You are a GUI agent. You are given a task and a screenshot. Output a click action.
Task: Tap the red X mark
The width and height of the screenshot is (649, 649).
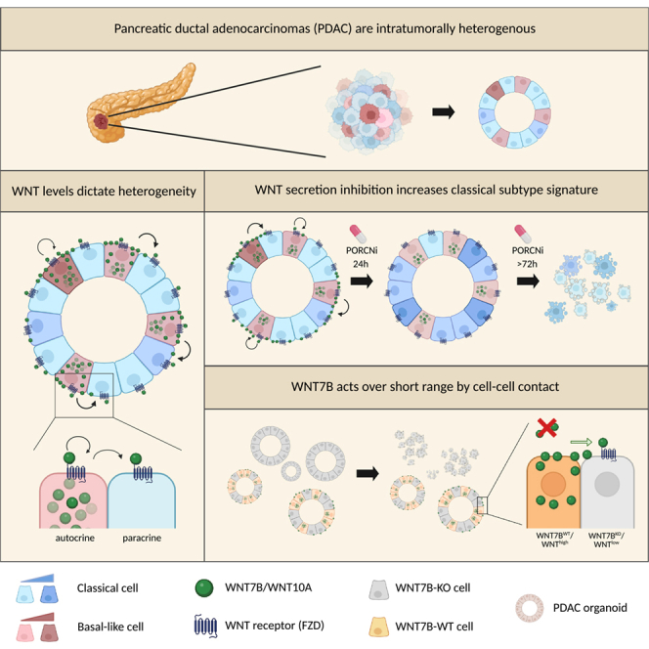point(546,428)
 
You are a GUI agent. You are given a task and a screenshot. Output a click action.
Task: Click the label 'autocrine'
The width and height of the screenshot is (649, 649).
point(75,538)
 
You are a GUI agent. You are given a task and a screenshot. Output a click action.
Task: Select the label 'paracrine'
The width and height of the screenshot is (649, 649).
point(142,539)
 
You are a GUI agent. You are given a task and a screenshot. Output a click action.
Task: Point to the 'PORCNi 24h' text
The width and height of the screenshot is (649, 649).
point(362,257)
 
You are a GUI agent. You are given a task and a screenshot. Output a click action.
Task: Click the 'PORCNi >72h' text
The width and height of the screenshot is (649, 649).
point(528,257)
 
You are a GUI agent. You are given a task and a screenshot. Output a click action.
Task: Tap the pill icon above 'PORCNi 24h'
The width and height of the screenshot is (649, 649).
point(358,234)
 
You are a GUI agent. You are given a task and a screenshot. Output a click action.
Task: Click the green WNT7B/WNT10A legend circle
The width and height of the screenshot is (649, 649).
point(204,587)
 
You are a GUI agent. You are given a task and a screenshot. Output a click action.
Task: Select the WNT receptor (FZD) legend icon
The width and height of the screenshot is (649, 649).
point(205,627)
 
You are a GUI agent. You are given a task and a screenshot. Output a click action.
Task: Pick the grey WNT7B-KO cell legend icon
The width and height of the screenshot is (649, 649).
point(378,589)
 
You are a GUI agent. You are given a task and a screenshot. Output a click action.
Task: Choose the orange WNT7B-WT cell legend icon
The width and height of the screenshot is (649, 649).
point(378,627)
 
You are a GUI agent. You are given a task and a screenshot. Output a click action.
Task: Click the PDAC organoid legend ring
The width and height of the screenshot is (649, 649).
point(530,608)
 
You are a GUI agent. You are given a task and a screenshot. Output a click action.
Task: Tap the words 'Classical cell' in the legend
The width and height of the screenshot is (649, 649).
point(108,587)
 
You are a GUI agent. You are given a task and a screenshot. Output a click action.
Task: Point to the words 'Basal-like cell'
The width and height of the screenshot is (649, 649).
point(110,627)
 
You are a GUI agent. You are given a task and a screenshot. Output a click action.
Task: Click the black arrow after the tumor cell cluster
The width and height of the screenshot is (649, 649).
point(444,111)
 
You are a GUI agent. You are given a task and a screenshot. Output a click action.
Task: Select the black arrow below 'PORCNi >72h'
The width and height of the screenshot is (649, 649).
point(528,281)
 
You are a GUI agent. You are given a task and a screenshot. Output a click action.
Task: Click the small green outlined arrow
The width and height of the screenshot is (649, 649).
point(582,442)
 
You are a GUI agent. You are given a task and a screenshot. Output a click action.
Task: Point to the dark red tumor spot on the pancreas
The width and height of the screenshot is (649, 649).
point(101,121)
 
